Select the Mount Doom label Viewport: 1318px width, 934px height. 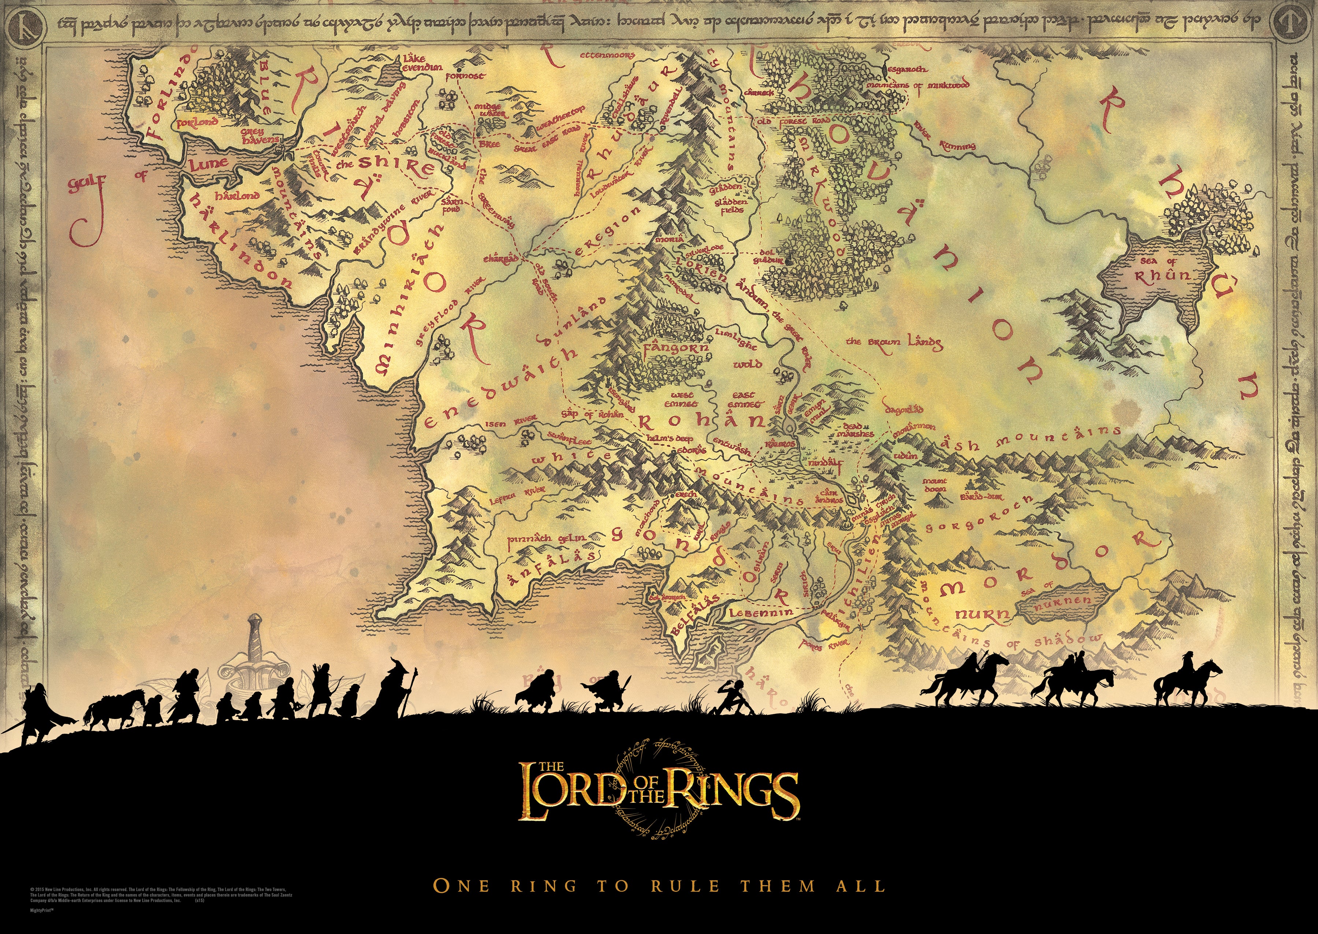(x=935, y=485)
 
